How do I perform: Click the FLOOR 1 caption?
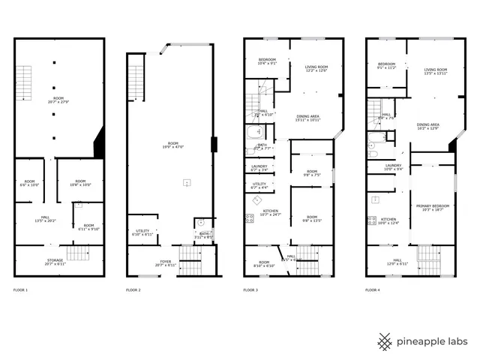pos(21,289)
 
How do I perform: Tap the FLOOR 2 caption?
pos(133,289)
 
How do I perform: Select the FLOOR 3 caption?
pos(251,289)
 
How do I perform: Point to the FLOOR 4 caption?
pos(373,289)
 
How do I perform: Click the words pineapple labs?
pos(433,342)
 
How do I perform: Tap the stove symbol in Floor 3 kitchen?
pos(249,219)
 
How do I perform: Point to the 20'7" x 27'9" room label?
pos(58,99)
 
